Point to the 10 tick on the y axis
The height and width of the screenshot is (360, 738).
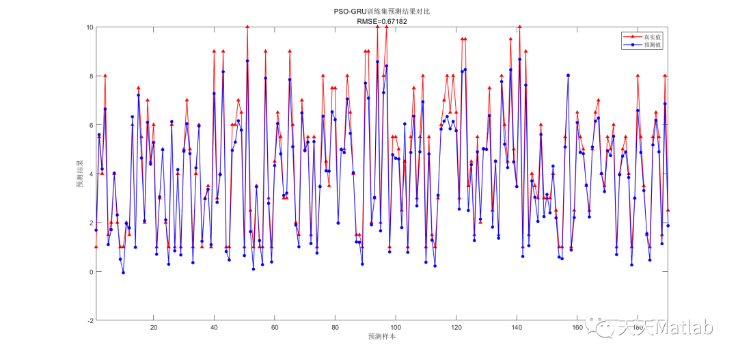coord(89,27)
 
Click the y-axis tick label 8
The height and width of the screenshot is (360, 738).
coord(91,77)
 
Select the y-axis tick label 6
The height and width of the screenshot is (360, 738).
coord(91,125)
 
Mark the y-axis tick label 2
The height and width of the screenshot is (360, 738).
coord(91,223)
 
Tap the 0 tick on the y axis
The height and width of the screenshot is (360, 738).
coord(91,272)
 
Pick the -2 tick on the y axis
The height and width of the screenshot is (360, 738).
coord(90,320)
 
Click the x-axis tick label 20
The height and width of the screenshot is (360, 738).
coord(153,328)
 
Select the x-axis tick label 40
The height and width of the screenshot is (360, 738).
coord(214,328)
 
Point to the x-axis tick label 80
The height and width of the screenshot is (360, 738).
coord(335,328)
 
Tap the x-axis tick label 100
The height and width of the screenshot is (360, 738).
coord(396,328)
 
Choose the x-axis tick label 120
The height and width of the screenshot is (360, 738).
coord(456,328)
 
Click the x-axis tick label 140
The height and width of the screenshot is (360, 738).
coord(517,328)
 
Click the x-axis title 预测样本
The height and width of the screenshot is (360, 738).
coord(382,337)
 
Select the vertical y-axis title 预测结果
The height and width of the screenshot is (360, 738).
coord(80,174)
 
